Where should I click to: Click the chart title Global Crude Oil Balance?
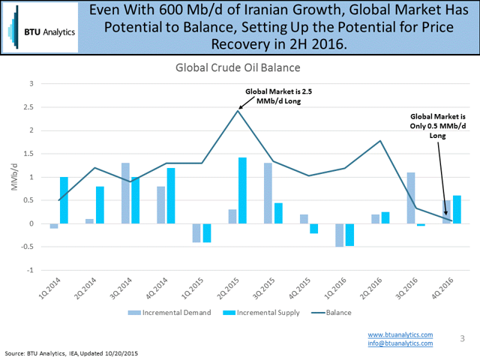pyautogui.click(x=239, y=67)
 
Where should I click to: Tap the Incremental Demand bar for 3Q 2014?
pyautogui.click(x=125, y=193)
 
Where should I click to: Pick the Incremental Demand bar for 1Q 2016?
pyautogui.click(x=340, y=235)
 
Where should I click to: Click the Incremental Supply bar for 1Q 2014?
pyautogui.click(x=64, y=200)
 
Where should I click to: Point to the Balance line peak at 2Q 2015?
pyautogui.click(x=237, y=110)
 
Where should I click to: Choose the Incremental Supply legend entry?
pyautogui.click(x=253, y=312)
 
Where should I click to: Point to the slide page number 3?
pyautogui.click(x=462, y=339)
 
